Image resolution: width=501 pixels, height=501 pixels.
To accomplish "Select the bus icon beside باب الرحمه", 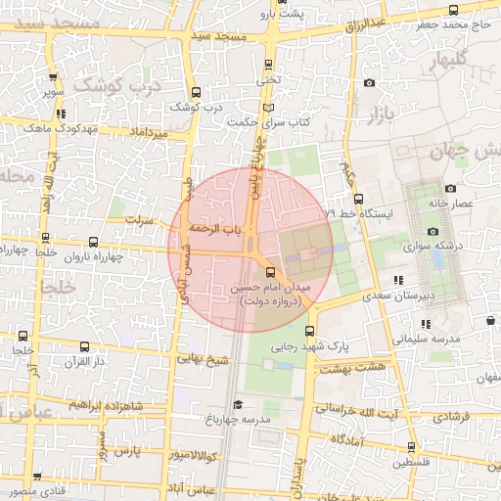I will pos(244,228).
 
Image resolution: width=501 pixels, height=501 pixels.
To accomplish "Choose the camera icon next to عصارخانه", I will pos(450,188).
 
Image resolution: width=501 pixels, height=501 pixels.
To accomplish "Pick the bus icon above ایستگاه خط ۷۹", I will pos(358,198).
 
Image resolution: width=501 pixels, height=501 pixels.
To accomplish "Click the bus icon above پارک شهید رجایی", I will pos(310,331).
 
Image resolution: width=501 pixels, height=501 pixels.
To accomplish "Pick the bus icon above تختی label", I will pos(269,65).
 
